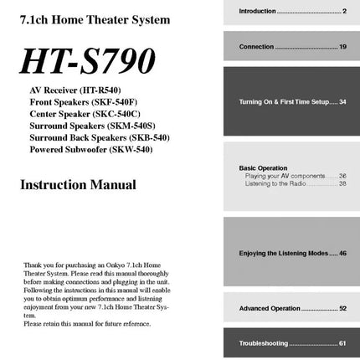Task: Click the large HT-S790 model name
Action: (88, 61)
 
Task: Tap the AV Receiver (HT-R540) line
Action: (75, 88)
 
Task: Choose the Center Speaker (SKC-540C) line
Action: (85, 113)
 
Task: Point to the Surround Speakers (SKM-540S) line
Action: (92, 125)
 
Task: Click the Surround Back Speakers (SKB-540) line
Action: (99, 137)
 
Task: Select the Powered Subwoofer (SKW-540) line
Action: (90, 149)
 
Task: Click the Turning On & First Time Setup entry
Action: (292, 101)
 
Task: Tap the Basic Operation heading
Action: (263, 168)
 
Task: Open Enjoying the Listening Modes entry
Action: (292, 253)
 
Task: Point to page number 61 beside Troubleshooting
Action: (342, 343)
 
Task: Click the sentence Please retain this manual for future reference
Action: (87, 323)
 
